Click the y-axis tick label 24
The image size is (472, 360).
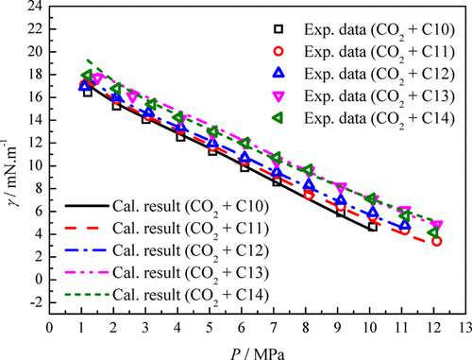(x=35, y=8)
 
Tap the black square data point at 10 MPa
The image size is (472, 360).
(x=372, y=227)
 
